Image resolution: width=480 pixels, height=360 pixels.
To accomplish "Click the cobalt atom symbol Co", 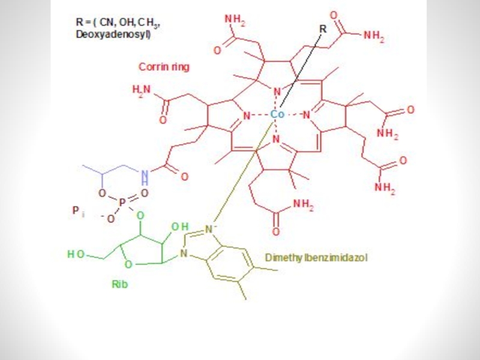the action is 277,114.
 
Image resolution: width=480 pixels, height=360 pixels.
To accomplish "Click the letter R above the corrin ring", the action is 323,28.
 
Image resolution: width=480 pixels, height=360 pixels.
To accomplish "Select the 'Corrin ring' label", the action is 164,67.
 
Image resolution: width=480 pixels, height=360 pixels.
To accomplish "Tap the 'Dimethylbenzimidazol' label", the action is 316,257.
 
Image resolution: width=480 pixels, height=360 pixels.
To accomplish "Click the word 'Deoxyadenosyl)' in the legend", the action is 113,34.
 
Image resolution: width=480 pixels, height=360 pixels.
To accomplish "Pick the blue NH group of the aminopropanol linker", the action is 144,176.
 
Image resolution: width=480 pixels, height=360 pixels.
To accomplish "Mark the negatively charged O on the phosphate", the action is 109,220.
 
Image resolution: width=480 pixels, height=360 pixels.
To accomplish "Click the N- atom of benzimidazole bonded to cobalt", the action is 210,229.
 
